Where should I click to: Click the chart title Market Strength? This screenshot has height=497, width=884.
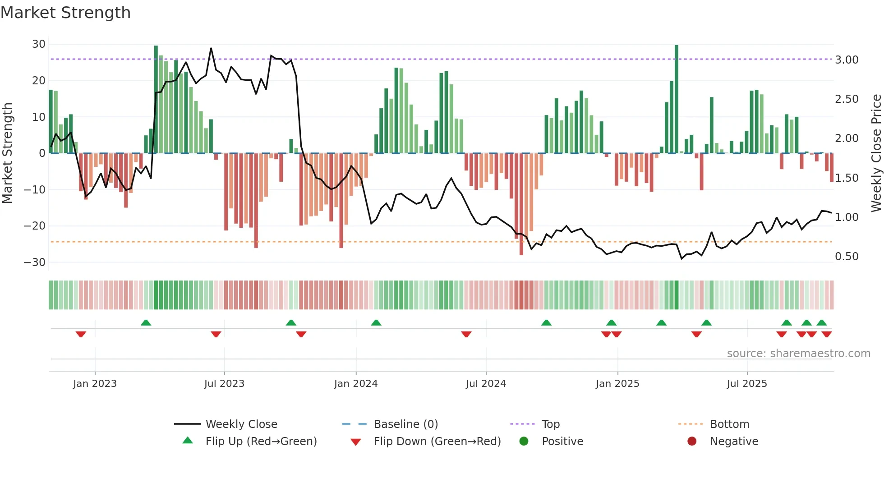coord(65,13)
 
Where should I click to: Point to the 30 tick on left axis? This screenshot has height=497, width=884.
coord(39,44)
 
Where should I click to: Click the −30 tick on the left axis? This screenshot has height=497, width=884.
coord(35,262)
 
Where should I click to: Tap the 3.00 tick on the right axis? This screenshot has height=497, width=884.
coord(847,60)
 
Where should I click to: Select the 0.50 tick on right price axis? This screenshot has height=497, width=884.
coord(847,257)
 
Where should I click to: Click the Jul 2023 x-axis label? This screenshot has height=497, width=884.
coord(224,384)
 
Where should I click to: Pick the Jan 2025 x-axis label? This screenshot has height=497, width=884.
coord(617,384)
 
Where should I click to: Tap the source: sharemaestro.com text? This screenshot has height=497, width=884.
coord(798,354)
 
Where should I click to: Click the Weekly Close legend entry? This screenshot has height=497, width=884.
coord(241,424)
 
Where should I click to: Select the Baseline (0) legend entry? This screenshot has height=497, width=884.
coord(405,424)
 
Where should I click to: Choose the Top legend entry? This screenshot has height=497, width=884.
coord(551,424)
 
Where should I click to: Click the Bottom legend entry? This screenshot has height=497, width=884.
coord(729,424)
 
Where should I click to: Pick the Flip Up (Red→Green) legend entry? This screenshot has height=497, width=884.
coord(261,442)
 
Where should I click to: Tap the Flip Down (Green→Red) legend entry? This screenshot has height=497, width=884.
coord(437,442)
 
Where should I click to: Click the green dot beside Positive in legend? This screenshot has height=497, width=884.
coord(524,442)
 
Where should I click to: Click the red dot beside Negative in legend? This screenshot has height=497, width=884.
coord(692,442)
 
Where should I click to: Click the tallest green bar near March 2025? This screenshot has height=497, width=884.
coord(677,99)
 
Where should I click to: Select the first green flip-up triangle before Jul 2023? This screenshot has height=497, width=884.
coord(146,323)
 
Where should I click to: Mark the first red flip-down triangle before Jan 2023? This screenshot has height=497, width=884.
coord(81,334)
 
